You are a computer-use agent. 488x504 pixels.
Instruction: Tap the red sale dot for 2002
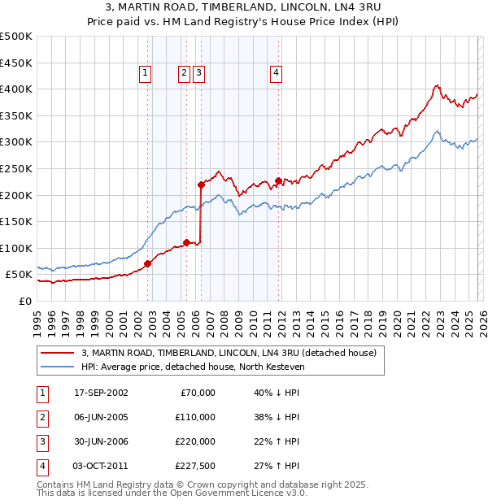[148, 263]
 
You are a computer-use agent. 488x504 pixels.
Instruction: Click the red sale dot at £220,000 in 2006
[201, 185]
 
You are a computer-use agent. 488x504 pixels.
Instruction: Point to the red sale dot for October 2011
[278, 180]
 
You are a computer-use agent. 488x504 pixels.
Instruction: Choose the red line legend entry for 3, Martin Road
[229, 354]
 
